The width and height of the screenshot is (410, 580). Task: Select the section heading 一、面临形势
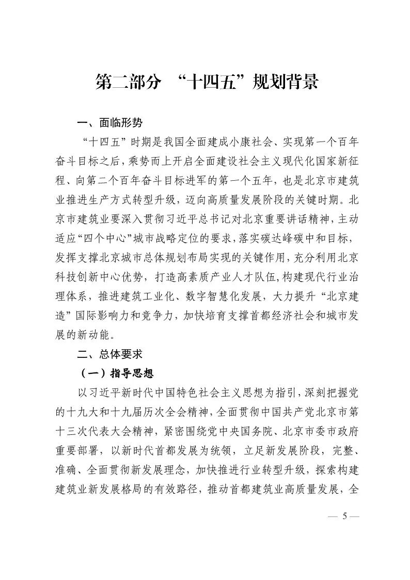click(x=109, y=123)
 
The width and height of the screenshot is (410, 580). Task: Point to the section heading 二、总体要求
click(x=109, y=355)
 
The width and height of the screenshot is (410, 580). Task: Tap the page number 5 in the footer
click(x=343, y=517)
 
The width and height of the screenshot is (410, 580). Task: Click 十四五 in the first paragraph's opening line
click(x=105, y=141)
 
